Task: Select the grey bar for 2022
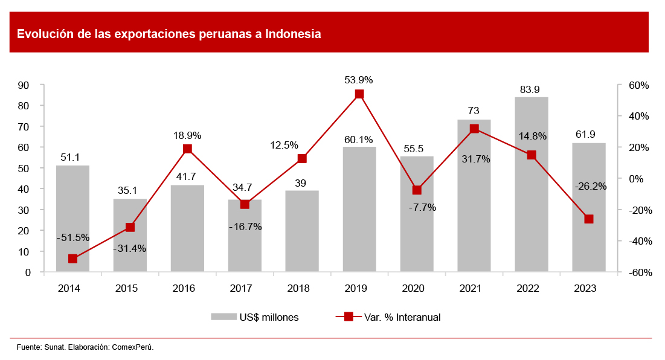coord(531,184)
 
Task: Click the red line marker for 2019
coord(359,94)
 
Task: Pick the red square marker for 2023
coord(589,219)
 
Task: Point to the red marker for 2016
coord(187,149)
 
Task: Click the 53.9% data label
coord(358,80)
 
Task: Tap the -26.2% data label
coord(590,186)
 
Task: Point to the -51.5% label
coord(73,237)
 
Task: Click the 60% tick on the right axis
coord(638,85)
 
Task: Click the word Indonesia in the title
coord(293,34)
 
